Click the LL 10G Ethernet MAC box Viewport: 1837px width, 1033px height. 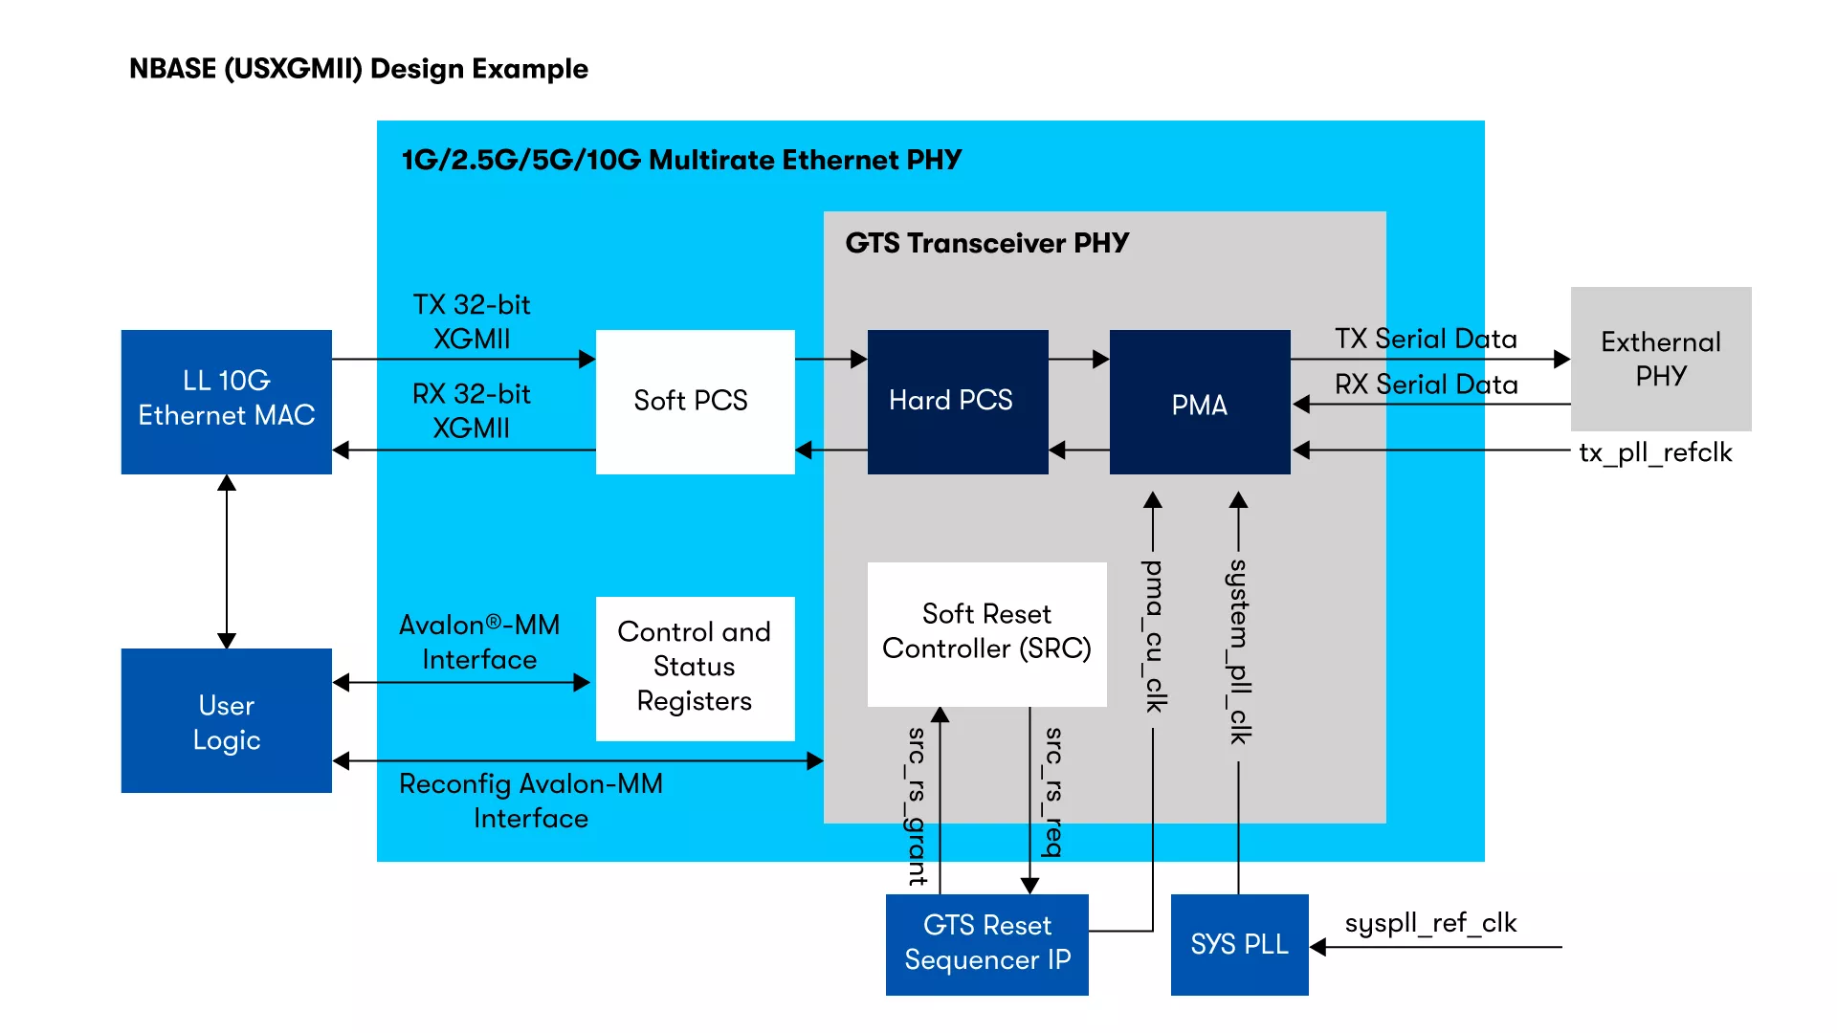pos(226,402)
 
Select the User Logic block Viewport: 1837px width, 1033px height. pos(226,721)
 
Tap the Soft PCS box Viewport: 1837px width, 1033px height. pos(695,402)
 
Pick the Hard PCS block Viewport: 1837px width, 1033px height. pos(957,402)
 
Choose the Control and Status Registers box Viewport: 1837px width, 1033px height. pos(695,668)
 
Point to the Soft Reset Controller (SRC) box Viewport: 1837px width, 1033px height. pos(986,633)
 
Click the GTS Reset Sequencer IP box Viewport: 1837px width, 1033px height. pos(986,944)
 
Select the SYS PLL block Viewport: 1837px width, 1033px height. pos(1239,944)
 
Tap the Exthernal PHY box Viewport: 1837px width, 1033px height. pos(1661,359)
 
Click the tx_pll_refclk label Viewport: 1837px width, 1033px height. pos(1655,452)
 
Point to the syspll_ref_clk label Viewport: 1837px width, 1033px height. pos(1430,923)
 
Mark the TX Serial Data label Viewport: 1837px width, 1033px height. pos(1426,339)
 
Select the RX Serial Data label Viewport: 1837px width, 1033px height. pos(1426,385)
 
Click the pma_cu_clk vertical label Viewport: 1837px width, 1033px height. pos(1155,636)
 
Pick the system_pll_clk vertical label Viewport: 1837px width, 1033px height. pos(1239,651)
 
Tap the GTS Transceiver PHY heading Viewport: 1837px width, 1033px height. pos(986,243)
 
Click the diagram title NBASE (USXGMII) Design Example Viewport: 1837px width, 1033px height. pos(359,69)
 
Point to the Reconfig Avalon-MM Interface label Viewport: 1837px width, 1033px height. pos(531,801)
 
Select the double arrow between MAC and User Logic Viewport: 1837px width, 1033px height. pos(227,561)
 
